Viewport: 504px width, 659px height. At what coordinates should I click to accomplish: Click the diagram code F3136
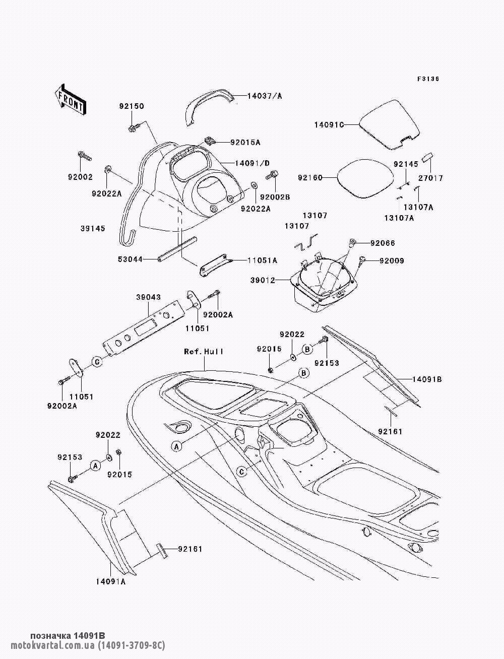pyautogui.click(x=428, y=79)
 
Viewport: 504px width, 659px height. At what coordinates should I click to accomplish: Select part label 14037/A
pyautogui.click(x=265, y=96)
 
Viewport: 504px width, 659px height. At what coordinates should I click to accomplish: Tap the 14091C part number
pyautogui.click(x=329, y=124)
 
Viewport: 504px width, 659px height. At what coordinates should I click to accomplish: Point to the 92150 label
pyautogui.click(x=132, y=106)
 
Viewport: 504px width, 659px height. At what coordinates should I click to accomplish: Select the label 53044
pyautogui.click(x=130, y=259)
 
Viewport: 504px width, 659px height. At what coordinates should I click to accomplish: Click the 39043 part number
pyautogui.click(x=148, y=297)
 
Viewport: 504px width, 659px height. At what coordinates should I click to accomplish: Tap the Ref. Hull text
pyautogui.click(x=204, y=351)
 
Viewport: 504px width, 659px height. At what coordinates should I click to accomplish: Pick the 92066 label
pyautogui.click(x=383, y=243)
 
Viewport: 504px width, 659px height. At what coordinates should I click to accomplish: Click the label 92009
pyautogui.click(x=392, y=260)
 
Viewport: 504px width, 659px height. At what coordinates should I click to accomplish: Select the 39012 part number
pyautogui.click(x=263, y=281)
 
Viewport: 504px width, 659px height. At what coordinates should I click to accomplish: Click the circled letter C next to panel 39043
pyautogui.click(x=97, y=362)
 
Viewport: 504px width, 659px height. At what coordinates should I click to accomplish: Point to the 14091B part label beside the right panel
pyautogui.click(x=427, y=379)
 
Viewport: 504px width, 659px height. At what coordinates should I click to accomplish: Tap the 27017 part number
pyautogui.click(x=431, y=178)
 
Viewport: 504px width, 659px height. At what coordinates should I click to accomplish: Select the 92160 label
pyautogui.click(x=310, y=178)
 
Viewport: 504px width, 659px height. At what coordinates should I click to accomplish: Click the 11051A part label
pyautogui.click(x=262, y=260)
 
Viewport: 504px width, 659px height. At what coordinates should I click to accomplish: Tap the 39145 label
pyautogui.click(x=93, y=228)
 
